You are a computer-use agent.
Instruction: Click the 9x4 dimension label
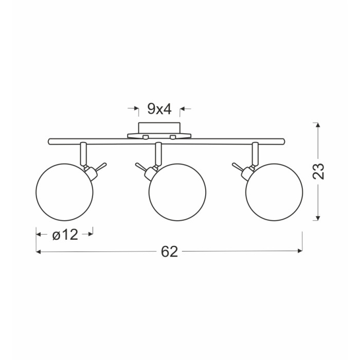[159, 109]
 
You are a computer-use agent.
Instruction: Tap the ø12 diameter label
[65, 235]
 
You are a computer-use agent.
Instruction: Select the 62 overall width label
[169, 251]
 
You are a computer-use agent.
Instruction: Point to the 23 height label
[318, 171]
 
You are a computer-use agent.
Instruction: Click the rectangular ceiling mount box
[159, 128]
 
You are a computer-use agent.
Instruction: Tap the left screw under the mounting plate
[146, 137]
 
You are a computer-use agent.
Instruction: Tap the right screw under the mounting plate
[173, 137]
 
